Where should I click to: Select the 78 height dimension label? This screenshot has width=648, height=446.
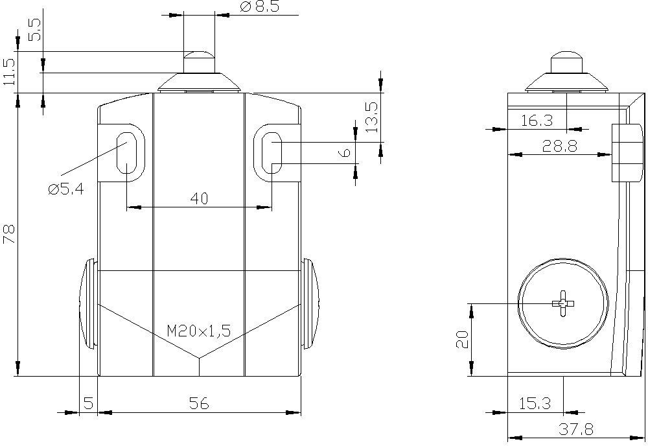pyautogui.click(x=8, y=234)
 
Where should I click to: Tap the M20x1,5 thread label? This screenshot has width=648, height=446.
pyautogui.click(x=199, y=331)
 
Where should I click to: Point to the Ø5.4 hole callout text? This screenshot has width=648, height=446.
pyautogui.click(x=65, y=189)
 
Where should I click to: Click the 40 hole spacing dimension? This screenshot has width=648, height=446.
pyautogui.click(x=199, y=199)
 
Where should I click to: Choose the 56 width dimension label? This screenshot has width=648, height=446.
pyautogui.click(x=199, y=403)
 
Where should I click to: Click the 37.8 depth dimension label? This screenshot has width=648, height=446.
pyautogui.click(x=576, y=429)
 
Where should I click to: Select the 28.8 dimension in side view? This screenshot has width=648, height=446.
pyautogui.click(x=560, y=146)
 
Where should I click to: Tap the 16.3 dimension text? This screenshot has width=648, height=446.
pyautogui.click(x=537, y=121)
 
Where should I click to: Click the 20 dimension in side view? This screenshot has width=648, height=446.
pyautogui.click(x=463, y=339)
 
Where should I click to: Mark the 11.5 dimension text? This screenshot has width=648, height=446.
pyautogui.click(x=8, y=71)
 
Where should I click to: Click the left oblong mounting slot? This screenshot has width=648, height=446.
pyautogui.click(x=127, y=153)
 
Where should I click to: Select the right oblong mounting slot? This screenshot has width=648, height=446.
pyautogui.click(x=272, y=153)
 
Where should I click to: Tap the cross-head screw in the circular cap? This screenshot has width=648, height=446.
pyautogui.click(x=563, y=303)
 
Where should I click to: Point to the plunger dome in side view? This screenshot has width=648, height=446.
pyautogui.click(x=566, y=55)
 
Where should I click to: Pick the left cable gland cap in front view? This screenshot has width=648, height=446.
pyautogui.click(x=87, y=303)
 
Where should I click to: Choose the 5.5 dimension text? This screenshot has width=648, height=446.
pyautogui.click(x=35, y=30)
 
